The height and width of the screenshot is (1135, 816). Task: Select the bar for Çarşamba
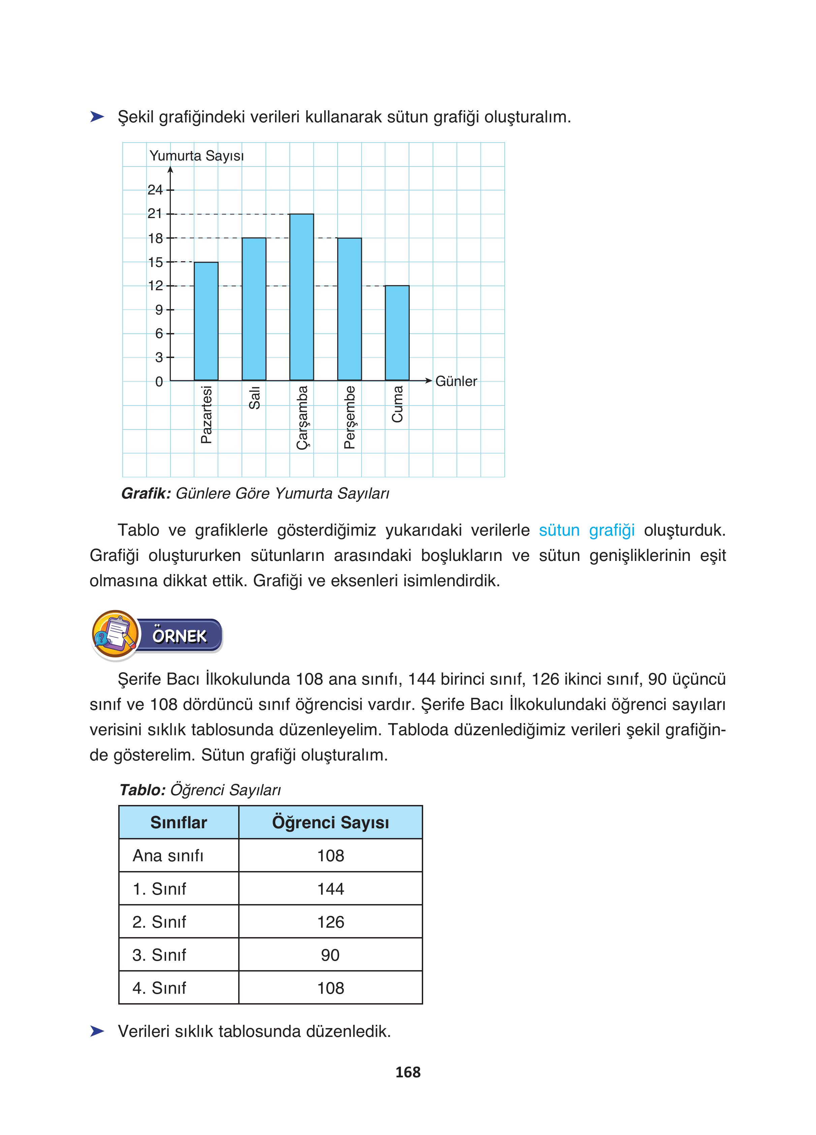pos(302,297)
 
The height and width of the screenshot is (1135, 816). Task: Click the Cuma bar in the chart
pos(397,333)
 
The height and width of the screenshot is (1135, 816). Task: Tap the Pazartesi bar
pos(206,321)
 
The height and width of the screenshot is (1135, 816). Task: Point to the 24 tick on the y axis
pos(155,190)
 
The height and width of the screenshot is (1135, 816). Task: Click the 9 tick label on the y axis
pos(159,310)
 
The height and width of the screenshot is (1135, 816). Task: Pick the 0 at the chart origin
pos(159,382)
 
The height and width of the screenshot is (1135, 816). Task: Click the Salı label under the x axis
pos(254,398)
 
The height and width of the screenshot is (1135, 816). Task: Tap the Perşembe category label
pos(350,417)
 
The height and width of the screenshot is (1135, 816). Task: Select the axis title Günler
pos(456,381)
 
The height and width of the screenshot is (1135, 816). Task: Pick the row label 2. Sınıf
pos(159,922)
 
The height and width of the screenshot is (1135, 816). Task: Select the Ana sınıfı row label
pos(168,856)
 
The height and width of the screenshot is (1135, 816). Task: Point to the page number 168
pos(408,1072)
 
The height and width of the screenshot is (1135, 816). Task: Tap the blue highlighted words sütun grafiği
pos(586,530)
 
